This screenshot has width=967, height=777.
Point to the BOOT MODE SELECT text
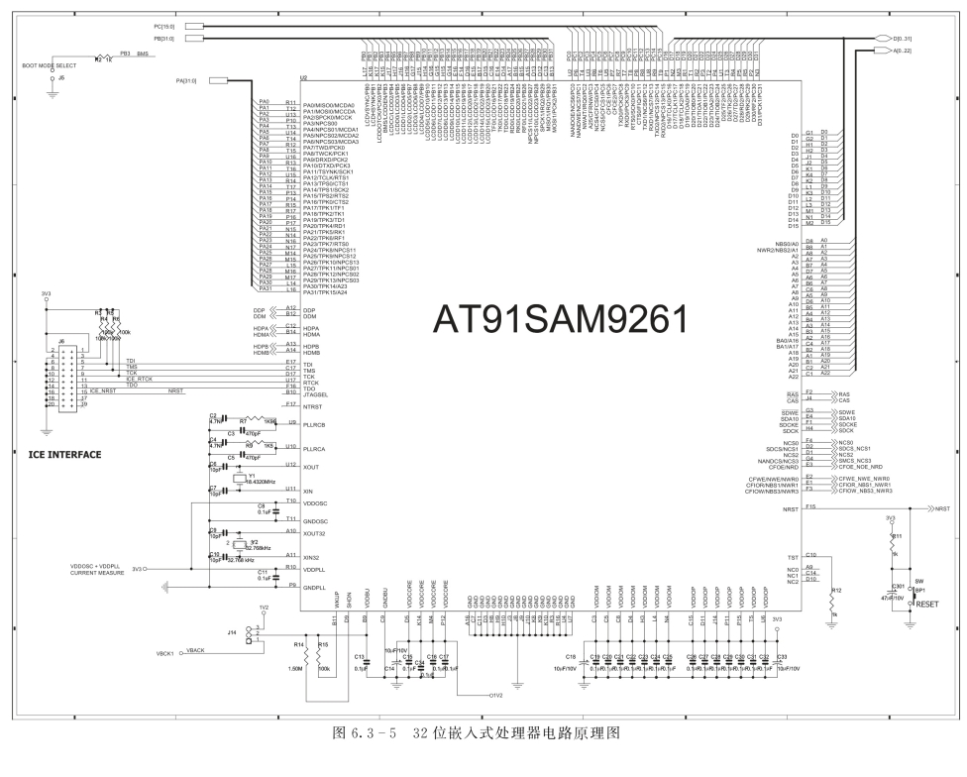tap(49, 65)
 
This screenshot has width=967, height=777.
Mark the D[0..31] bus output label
tap(908, 38)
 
